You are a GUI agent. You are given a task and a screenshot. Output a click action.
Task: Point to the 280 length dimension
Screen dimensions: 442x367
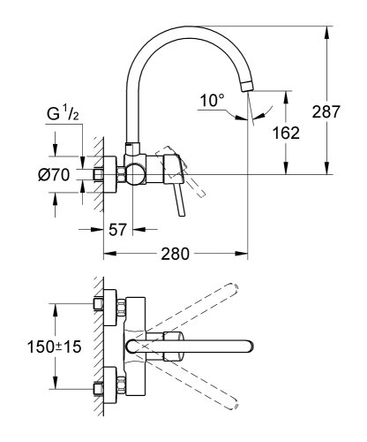pos(176,254)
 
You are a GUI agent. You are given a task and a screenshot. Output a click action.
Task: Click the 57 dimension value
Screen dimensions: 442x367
pos(121,229)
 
